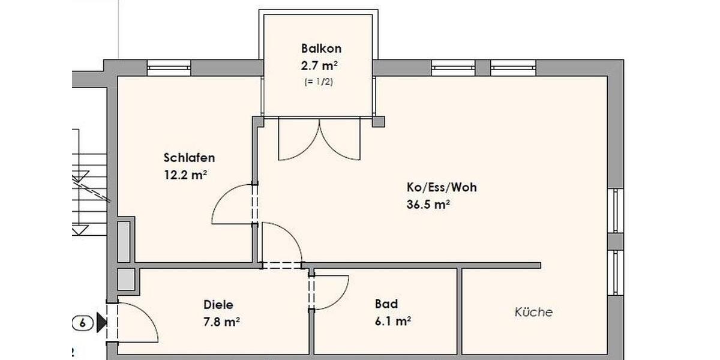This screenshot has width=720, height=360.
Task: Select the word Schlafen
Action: (189, 158)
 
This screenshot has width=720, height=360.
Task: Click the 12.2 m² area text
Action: (185, 175)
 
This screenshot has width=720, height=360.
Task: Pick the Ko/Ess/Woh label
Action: (442, 187)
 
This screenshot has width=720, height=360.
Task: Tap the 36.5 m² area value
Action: (429, 205)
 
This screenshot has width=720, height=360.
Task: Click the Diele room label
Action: (218, 304)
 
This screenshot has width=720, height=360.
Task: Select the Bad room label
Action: (386, 304)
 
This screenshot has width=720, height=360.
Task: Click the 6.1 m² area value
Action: (392, 322)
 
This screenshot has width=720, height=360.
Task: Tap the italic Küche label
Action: (533, 312)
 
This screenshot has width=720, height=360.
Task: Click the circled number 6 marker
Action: (83, 323)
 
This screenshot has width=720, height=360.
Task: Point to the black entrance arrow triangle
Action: (101, 323)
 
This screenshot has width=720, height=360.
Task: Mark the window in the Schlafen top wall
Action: (169, 68)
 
